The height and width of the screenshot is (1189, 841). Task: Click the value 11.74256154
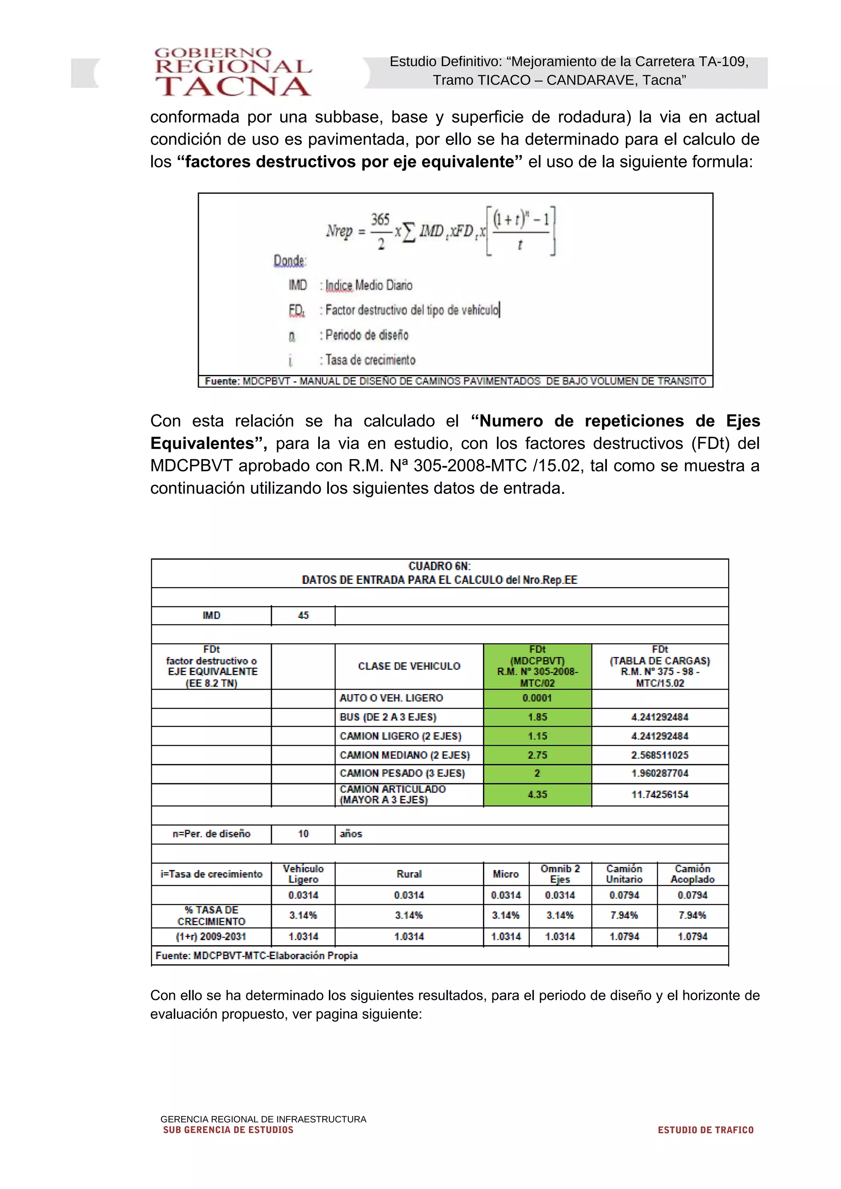(x=659, y=794)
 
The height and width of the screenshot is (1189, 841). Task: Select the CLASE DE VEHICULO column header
(x=409, y=666)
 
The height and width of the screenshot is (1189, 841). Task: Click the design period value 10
(x=303, y=834)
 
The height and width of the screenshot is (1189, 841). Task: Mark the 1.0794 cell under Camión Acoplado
(x=692, y=936)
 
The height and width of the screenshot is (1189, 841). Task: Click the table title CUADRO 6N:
(x=439, y=567)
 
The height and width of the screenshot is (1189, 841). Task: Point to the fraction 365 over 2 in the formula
(x=380, y=231)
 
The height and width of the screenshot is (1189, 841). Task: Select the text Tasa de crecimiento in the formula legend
(x=370, y=360)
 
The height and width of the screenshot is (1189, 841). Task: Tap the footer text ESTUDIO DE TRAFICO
(x=705, y=1130)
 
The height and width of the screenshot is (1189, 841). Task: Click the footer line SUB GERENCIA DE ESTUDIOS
(x=228, y=1130)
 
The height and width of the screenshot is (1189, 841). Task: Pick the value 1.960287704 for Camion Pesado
(x=659, y=774)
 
